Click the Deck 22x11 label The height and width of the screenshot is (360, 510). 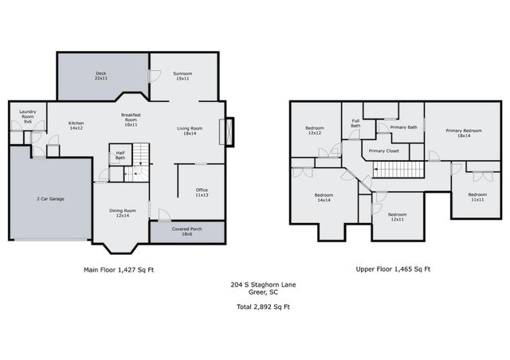click(101, 76)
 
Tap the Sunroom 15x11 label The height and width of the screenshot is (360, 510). click(182, 76)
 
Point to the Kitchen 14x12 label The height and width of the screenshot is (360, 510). click(76, 125)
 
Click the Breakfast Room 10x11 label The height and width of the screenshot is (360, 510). click(131, 119)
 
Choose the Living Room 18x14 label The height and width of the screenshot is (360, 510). click(189, 130)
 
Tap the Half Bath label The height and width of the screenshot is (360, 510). click(120, 156)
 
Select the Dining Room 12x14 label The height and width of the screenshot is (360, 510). click(123, 213)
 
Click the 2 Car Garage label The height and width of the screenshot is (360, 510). click(50, 198)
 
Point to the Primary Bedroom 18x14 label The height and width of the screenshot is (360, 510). click(463, 133)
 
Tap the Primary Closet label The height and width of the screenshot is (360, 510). click(384, 150)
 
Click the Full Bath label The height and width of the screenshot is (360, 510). click(355, 123)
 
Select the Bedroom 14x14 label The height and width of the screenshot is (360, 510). click(324, 197)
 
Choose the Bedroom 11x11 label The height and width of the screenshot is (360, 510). click(477, 198)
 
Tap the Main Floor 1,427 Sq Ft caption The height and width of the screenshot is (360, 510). click(119, 270)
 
